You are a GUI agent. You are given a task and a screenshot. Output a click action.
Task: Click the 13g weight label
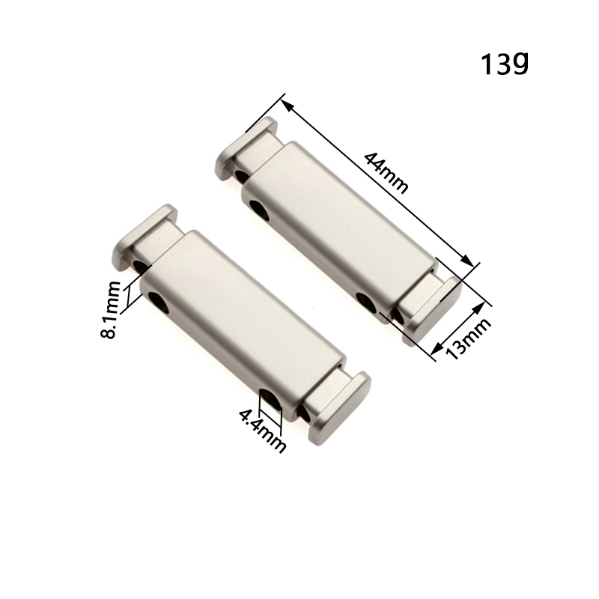tap(505, 64)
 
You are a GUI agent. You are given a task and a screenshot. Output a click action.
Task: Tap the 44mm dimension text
tap(386, 172)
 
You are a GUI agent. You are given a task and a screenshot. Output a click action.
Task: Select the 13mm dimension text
tap(469, 338)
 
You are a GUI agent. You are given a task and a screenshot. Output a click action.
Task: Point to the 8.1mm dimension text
tap(110, 310)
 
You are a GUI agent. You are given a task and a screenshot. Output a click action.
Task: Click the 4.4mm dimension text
tap(263, 431)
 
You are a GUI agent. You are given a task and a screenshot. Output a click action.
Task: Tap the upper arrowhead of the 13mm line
tap(479, 308)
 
